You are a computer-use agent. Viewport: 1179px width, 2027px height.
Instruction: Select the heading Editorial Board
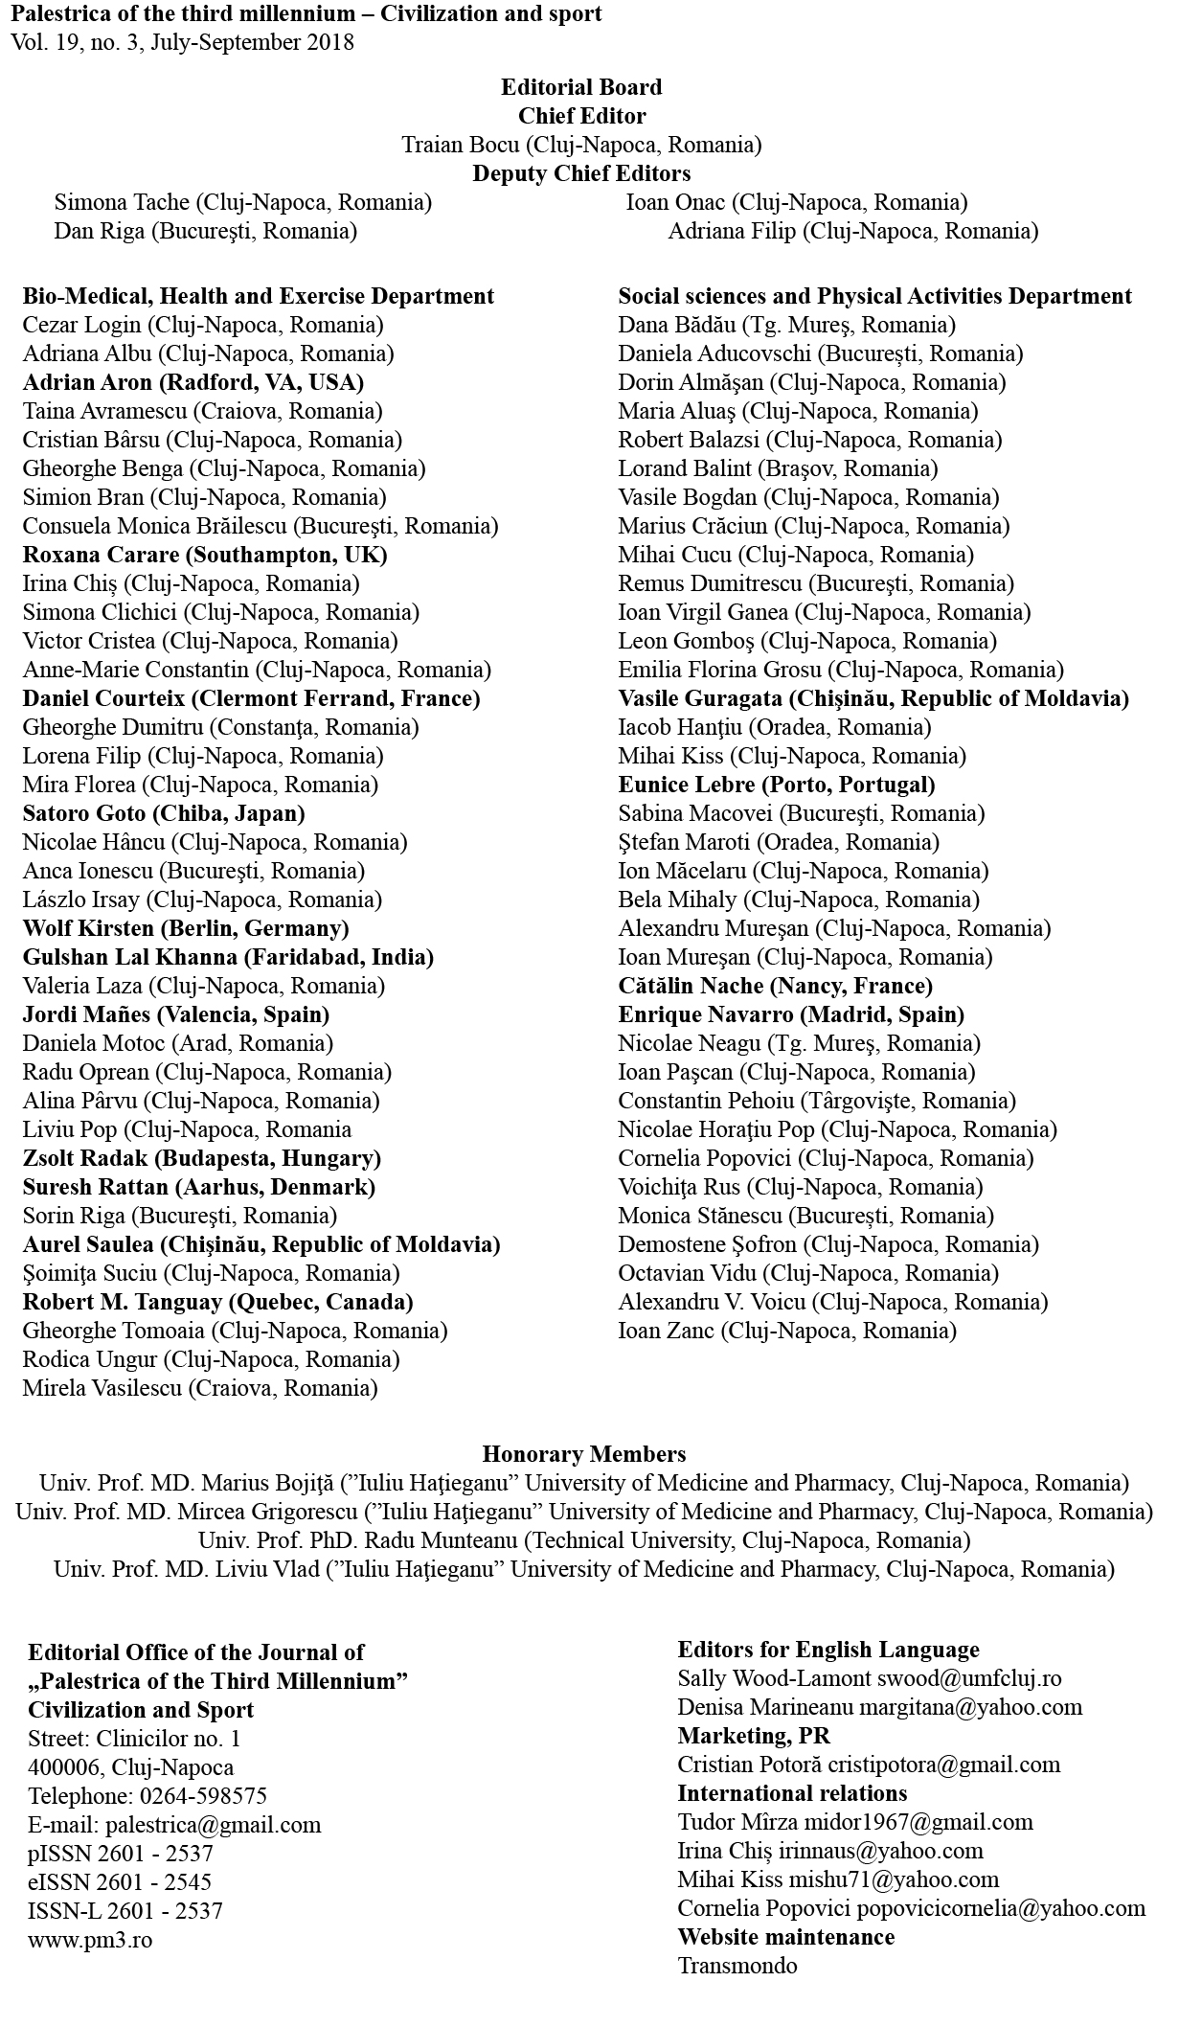click(x=581, y=87)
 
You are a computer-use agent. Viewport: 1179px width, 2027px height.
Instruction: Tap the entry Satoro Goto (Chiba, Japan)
click(x=164, y=813)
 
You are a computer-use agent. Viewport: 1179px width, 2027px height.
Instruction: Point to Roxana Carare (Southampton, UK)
click(x=205, y=555)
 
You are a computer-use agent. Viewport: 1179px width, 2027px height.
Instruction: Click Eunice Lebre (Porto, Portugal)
click(x=776, y=785)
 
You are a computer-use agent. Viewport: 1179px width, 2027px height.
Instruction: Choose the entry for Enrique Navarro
click(x=790, y=1014)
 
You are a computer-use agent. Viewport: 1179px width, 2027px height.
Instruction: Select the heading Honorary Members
click(x=583, y=1454)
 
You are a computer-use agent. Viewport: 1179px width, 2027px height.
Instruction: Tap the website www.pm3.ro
click(x=90, y=1939)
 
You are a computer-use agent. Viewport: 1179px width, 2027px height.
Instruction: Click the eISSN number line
click(x=120, y=1881)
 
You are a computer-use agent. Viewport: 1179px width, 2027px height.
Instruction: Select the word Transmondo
click(x=737, y=1966)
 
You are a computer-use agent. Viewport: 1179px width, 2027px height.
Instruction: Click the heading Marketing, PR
click(x=754, y=1736)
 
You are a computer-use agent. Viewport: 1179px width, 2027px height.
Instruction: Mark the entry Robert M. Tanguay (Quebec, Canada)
click(x=217, y=1302)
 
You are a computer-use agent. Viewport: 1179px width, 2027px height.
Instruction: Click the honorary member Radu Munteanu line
click(x=583, y=1540)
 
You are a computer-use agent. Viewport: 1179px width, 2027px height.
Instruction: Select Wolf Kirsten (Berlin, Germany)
click(x=186, y=928)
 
